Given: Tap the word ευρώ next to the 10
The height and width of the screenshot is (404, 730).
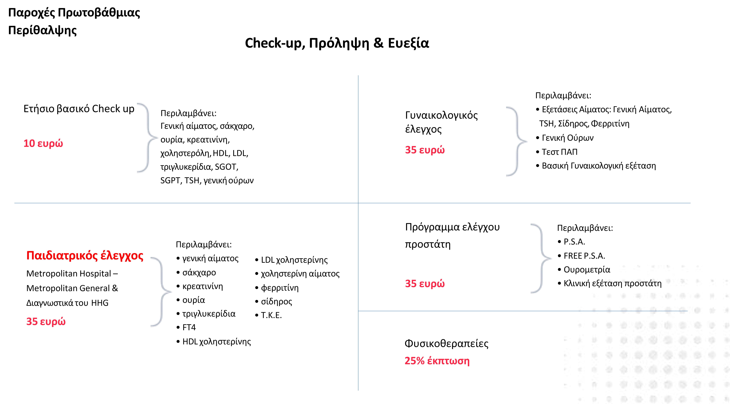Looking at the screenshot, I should (50, 144).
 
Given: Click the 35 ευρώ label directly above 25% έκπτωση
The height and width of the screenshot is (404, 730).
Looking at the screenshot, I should (425, 284).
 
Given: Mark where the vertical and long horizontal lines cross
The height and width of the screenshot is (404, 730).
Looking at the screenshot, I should (358, 203).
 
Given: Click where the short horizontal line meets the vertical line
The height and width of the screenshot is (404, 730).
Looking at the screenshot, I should (358, 311).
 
